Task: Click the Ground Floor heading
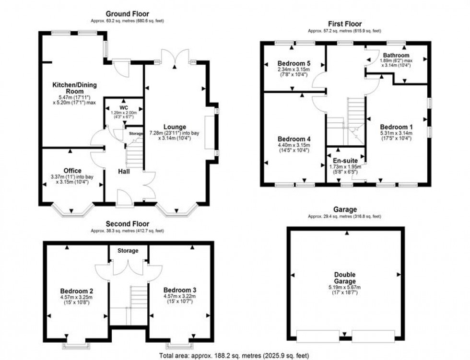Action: [127, 14]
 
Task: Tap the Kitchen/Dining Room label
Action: [74, 88]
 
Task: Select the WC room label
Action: [123, 107]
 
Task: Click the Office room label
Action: [72, 171]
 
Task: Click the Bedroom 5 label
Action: [294, 63]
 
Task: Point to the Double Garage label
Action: [345, 278]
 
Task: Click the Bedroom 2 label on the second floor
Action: [77, 291]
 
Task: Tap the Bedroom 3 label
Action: [180, 290]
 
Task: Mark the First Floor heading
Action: [345, 24]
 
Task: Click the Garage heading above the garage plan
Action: [345, 209]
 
